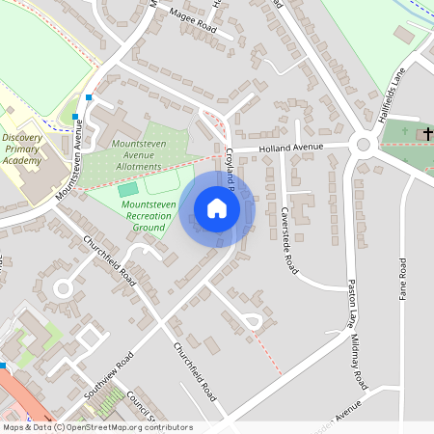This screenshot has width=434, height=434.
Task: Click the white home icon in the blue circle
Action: (x=217, y=208)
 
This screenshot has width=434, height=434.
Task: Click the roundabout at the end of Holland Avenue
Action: (x=364, y=145)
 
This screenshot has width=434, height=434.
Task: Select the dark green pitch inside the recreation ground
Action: (x=128, y=190)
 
